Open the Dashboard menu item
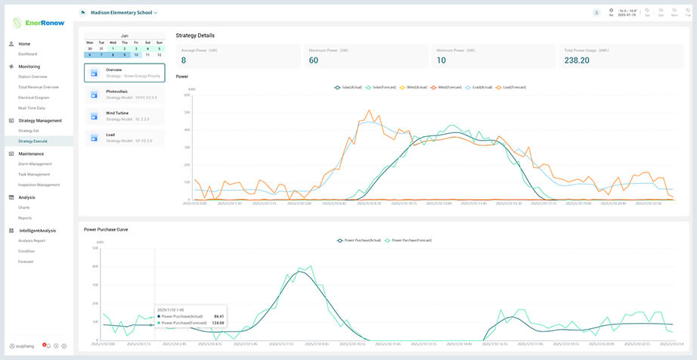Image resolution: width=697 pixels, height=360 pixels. [28, 54]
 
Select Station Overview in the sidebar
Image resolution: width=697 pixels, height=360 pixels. [33, 76]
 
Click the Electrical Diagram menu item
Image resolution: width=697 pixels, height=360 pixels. [34, 98]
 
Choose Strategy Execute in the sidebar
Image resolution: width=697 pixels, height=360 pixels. [33, 141]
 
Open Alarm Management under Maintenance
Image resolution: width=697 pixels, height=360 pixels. [35, 163]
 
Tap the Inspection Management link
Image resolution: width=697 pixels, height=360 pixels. [39, 185]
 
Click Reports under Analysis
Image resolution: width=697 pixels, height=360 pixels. [25, 218]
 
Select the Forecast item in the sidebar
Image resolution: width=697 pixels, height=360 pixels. [26, 262]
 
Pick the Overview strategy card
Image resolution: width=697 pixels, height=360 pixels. [125, 73]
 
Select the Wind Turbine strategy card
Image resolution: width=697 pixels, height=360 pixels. [125, 116]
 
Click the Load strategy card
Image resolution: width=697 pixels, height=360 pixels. [125, 138]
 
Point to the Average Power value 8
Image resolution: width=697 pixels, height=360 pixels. [184, 61]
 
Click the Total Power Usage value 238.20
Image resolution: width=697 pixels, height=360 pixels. [576, 61]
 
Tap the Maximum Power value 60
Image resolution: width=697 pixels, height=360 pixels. [314, 61]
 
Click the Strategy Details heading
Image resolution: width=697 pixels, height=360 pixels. [195, 36]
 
